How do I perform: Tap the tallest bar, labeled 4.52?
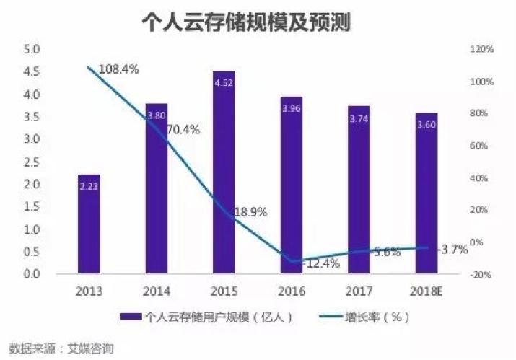coord(224,173)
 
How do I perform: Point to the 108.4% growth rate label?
coord(117,69)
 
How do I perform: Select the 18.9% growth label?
coord(250,213)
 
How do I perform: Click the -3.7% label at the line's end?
coord(455,249)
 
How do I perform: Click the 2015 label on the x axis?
coord(224,291)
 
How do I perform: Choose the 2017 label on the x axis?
coord(358,291)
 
